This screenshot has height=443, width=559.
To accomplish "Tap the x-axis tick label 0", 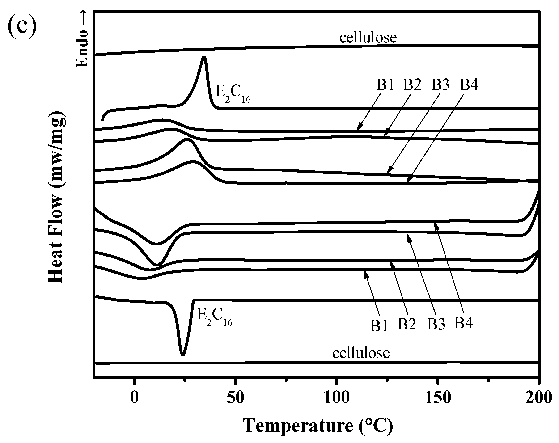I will tap(134, 398).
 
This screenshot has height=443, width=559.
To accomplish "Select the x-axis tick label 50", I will tap(235, 398).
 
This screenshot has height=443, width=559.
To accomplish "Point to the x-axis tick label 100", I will tap(336, 398).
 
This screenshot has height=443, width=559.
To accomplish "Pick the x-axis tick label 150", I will tap(437, 398).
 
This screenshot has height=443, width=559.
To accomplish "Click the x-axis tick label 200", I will tap(538, 398).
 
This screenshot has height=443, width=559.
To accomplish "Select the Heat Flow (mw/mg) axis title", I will tap(56, 197).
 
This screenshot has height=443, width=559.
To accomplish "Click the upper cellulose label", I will tap(368, 38).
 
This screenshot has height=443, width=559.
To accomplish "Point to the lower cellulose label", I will tap(361, 353).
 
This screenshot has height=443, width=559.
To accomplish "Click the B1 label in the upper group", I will tap(385, 84).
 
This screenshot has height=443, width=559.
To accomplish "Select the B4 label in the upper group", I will tap(469, 84).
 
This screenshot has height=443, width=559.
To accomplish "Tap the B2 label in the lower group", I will tap(407, 324).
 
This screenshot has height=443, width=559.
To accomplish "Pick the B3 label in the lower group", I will tap(436, 324).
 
